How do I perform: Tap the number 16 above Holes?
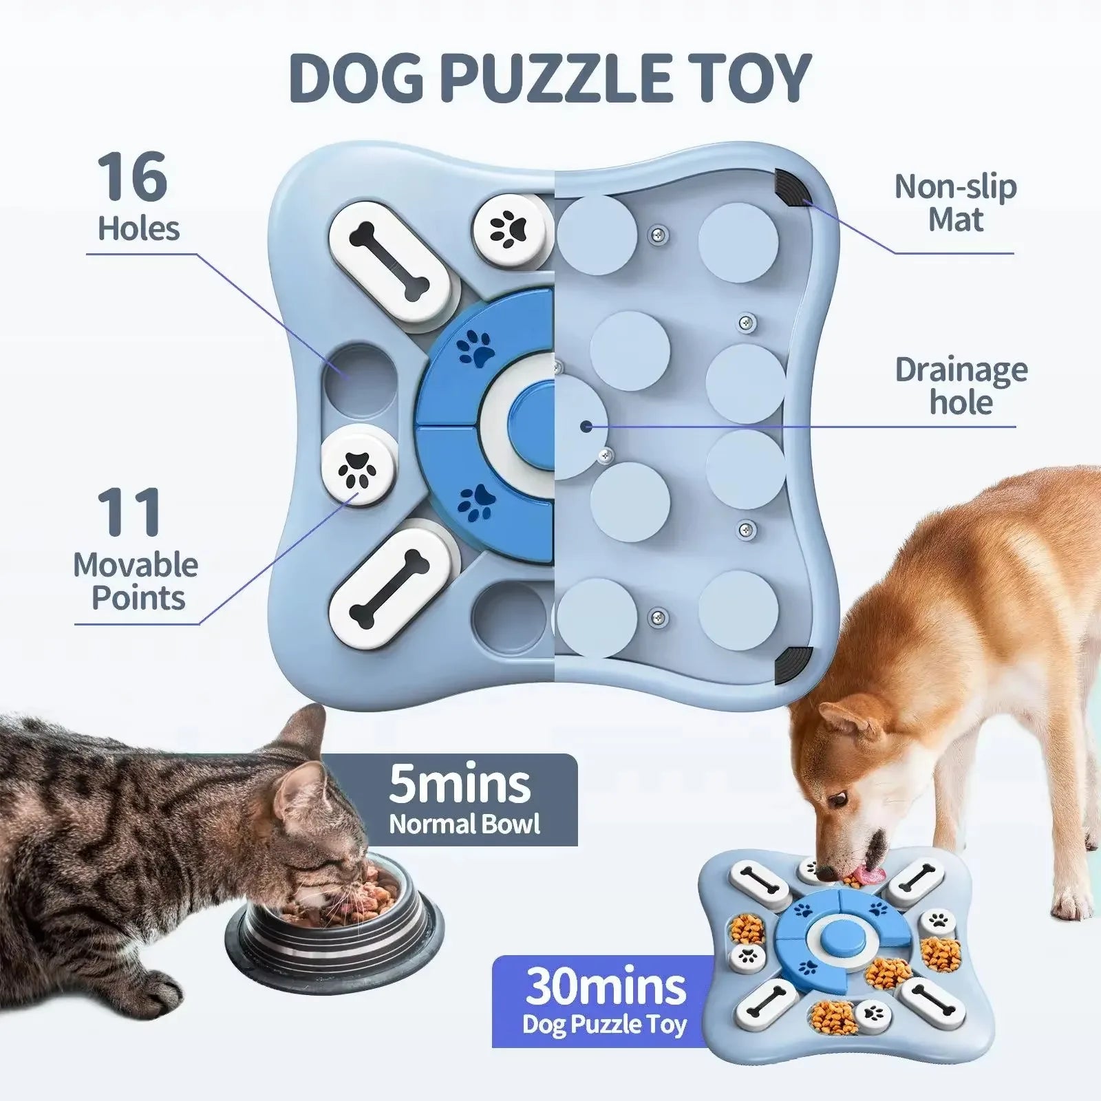click(x=132, y=177)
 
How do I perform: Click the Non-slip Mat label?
click(x=955, y=203)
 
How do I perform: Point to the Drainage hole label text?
click(x=961, y=387)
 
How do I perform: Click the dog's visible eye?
click(x=837, y=800)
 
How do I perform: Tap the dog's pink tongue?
click(x=868, y=875)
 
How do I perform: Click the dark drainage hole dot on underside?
click(x=586, y=427)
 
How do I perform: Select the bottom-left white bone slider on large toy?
click(x=389, y=588)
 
